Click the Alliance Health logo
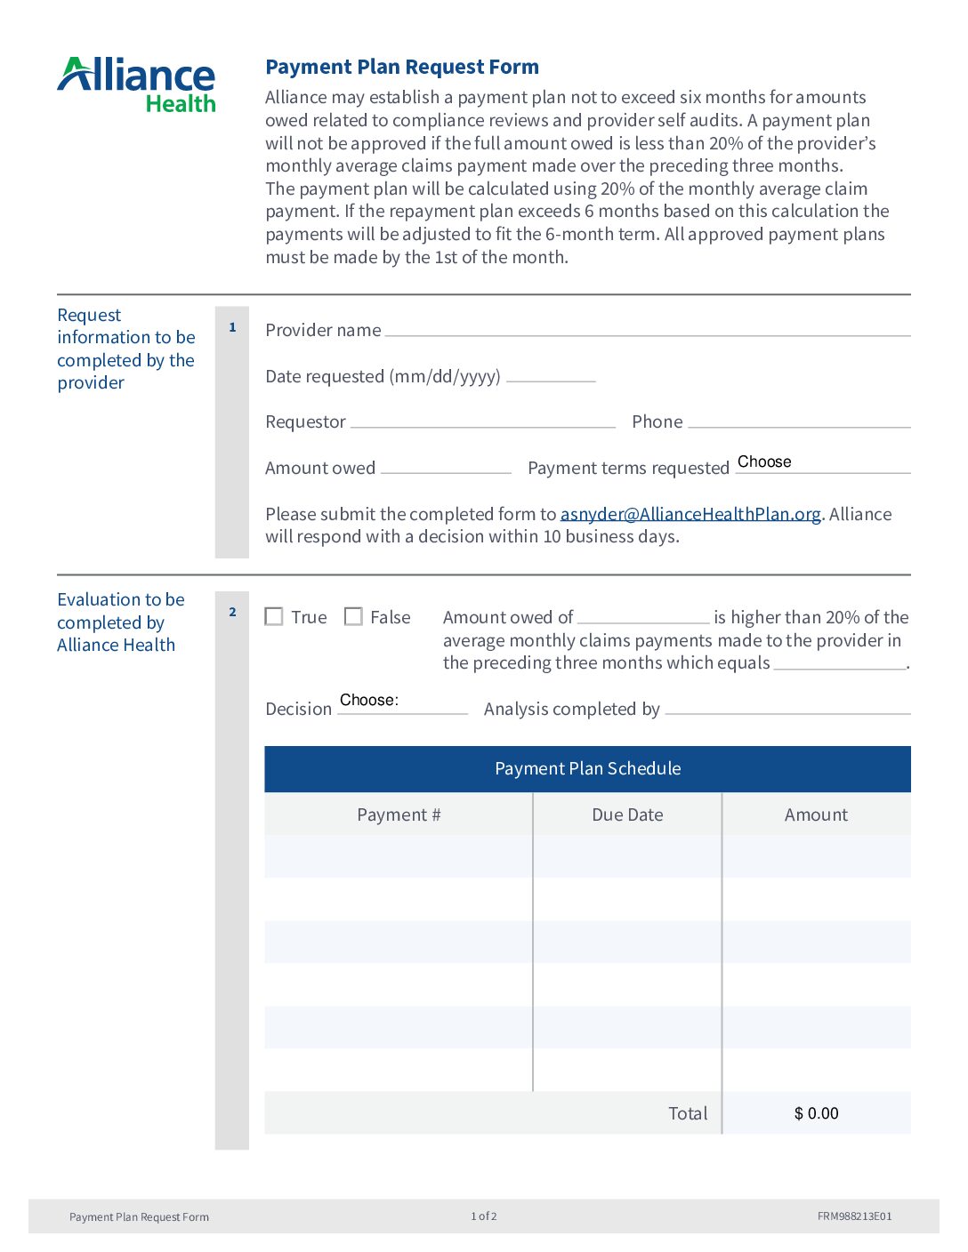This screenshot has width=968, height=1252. (137, 84)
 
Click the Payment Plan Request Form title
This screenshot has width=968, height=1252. (402, 67)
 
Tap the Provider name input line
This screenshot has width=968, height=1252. (647, 329)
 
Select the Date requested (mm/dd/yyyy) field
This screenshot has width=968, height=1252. (551, 374)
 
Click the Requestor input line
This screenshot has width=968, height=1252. (482, 421)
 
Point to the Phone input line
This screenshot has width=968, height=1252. (798, 421)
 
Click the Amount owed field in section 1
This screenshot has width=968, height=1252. (446, 466)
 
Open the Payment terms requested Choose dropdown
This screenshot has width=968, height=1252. (822, 462)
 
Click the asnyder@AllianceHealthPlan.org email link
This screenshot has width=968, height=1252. (690, 514)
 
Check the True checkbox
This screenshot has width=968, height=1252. (274, 616)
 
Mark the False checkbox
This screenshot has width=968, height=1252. (353, 616)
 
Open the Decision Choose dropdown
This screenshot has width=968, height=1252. (402, 702)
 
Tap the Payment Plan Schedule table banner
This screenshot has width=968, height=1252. (587, 768)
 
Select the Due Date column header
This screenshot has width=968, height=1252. (627, 815)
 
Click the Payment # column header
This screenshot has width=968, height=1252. (399, 815)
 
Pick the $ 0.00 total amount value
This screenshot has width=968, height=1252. (816, 1113)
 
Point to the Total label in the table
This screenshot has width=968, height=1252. (688, 1113)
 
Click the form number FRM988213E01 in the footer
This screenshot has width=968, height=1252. (854, 1216)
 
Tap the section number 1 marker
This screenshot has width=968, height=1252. (232, 327)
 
